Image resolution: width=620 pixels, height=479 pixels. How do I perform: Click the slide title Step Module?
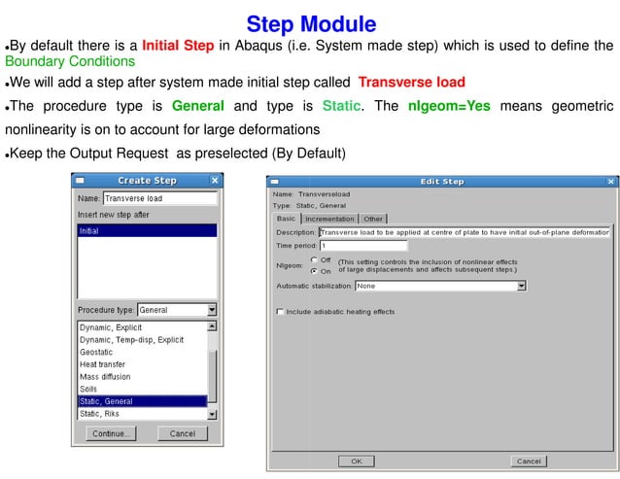[x=310, y=22]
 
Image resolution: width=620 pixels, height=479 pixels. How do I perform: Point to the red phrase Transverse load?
[x=411, y=82]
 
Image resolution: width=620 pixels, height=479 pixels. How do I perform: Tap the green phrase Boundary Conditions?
[x=70, y=60]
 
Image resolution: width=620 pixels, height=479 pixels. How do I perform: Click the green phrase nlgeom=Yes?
[x=448, y=105]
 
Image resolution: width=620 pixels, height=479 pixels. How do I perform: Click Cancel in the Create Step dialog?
[x=182, y=433]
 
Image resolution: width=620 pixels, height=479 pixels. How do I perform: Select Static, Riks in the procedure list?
[x=106, y=414]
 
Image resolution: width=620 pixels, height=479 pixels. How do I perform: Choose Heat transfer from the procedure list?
[x=102, y=364]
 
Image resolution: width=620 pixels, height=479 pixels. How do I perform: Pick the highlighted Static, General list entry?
[x=106, y=401]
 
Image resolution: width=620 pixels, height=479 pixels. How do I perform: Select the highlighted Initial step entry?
[x=146, y=231]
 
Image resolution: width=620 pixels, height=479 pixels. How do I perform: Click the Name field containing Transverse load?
[x=159, y=198]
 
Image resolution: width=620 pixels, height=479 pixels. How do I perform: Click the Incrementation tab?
[x=329, y=219]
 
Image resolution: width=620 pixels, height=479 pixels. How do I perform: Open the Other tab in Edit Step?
[x=373, y=219]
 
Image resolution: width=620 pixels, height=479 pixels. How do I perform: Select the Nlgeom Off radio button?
[x=314, y=259]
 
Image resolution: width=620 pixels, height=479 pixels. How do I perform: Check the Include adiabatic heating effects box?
[x=281, y=312]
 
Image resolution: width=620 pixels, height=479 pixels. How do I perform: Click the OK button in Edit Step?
[x=357, y=461]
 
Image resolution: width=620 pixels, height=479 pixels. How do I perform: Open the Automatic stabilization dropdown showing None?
[x=440, y=287]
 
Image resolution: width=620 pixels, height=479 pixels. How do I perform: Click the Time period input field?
[x=363, y=246]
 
